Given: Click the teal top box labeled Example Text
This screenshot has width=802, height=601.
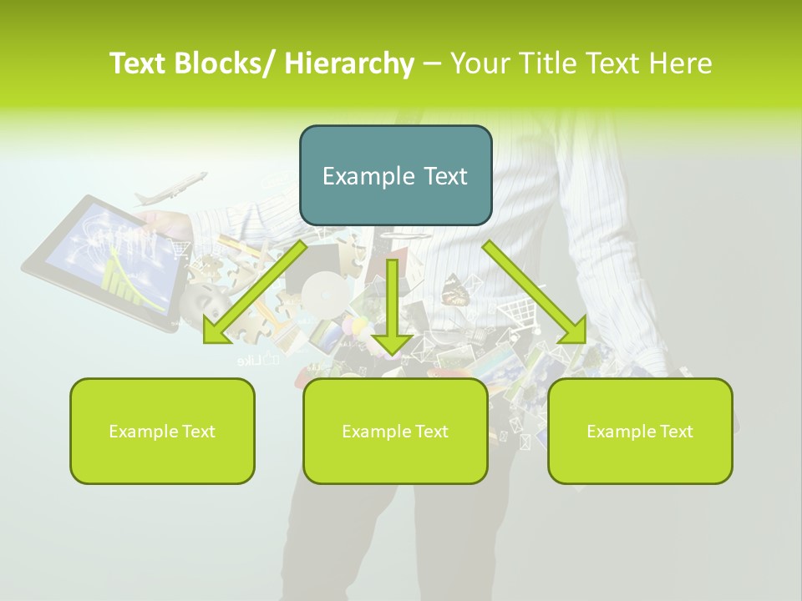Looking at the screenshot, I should click(x=395, y=175).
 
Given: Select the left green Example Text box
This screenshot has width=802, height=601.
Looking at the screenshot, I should click(x=162, y=431).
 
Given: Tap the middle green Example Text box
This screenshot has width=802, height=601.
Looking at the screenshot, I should click(x=395, y=431).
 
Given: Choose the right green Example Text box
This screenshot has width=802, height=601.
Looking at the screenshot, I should click(x=640, y=431).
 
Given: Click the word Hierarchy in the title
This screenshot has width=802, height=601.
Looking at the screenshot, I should click(x=349, y=63).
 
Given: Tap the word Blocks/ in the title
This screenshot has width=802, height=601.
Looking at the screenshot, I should click(x=226, y=63).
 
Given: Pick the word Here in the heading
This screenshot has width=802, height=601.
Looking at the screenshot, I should click(x=681, y=63).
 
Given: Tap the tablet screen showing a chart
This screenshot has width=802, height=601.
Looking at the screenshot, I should click(x=113, y=255).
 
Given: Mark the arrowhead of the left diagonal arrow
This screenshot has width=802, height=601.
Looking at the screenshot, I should click(x=216, y=331).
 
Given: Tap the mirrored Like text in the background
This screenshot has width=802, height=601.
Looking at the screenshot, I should click(x=251, y=361).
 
